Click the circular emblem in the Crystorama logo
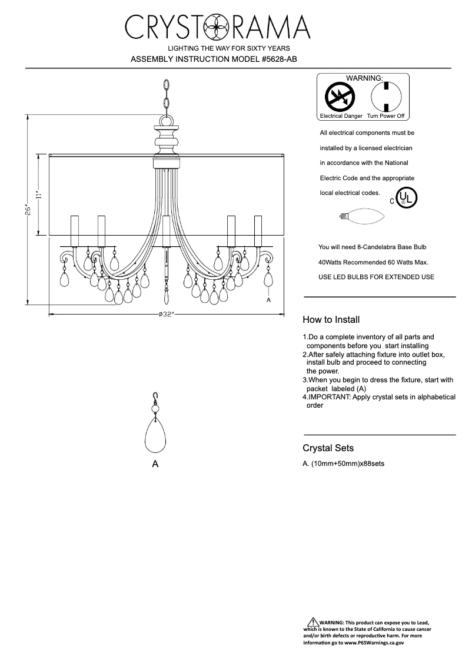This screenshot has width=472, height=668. (216, 27)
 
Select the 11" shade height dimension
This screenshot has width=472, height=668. (38, 194)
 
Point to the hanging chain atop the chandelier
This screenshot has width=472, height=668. (167, 97)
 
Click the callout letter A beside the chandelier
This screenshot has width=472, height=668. (268, 300)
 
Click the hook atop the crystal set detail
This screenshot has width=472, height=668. (155, 397)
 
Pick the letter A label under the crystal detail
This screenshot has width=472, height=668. (155, 464)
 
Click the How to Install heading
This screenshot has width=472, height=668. (331, 320)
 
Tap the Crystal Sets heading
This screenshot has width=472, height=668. (328, 448)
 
